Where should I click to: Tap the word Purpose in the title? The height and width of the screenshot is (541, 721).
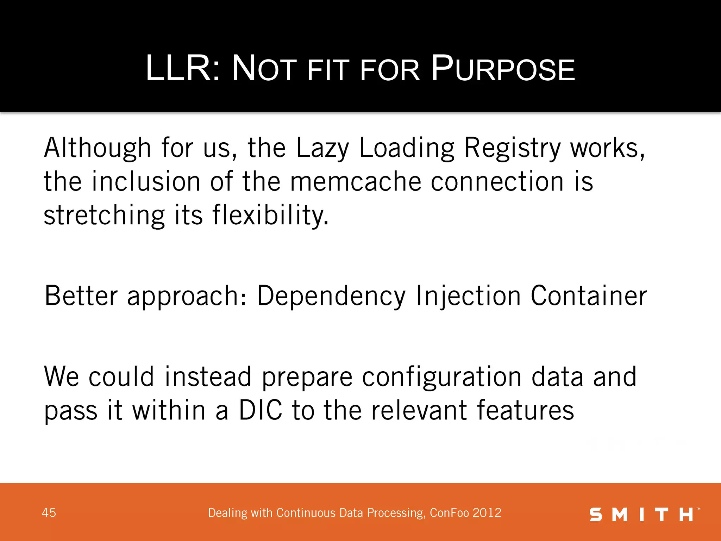(503, 68)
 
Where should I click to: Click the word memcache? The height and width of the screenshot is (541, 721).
(356, 182)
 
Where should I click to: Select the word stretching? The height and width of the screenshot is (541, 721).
(104, 216)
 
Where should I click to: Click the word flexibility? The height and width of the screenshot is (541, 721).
(270, 216)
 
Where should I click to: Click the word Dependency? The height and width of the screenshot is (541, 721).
(331, 296)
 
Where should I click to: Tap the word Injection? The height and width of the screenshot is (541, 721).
(468, 296)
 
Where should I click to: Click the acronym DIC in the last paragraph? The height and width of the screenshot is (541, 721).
(261, 410)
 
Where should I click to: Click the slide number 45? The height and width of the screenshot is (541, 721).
(49, 513)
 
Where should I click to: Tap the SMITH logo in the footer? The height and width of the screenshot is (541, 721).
(644, 515)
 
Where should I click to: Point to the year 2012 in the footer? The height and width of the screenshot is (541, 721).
(487, 513)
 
